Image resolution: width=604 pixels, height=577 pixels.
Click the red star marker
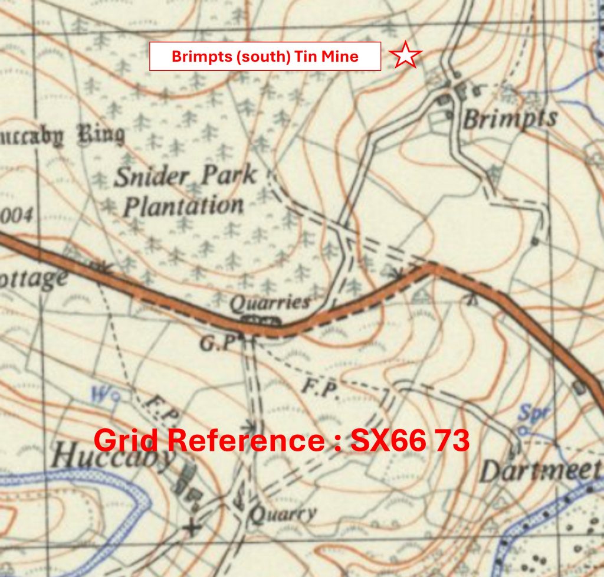point(406,55)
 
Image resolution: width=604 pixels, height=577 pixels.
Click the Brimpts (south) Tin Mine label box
point(265,57)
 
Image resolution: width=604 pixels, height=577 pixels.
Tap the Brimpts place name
point(510,119)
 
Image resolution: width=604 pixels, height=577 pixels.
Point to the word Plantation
point(184,206)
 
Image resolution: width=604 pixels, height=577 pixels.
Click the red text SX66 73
point(410,441)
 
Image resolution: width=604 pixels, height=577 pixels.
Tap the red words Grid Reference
point(204,441)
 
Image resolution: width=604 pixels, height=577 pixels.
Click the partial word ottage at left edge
point(32,279)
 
